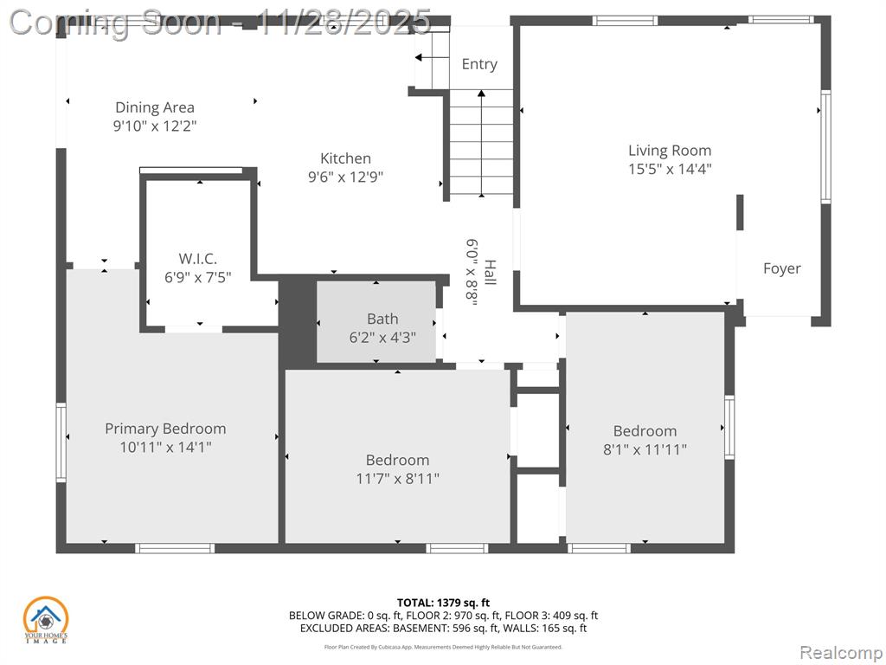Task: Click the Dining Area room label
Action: (155, 107)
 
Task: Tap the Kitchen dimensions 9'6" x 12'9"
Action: (345, 177)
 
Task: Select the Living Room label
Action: (670, 151)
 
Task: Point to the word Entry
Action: (479, 64)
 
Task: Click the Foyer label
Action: (782, 268)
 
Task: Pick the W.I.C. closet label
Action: (198, 259)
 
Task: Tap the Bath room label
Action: (382, 319)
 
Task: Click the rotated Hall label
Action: (490, 272)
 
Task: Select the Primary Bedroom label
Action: (165, 429)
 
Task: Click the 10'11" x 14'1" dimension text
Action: (165, 448)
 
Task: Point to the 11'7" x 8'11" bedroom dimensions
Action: (398, 479)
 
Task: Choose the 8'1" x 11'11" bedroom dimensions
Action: (645, 449)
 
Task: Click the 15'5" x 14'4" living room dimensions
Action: (670, 169)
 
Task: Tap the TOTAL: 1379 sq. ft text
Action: (443, 603)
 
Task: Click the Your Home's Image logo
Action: (45, 620)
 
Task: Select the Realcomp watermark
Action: (841, 653)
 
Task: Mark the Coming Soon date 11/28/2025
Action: (343, 23)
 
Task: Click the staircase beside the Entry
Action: (481, 142)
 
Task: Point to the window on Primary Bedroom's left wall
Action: (61, 442)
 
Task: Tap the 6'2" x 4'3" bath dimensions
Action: (382, 338)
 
